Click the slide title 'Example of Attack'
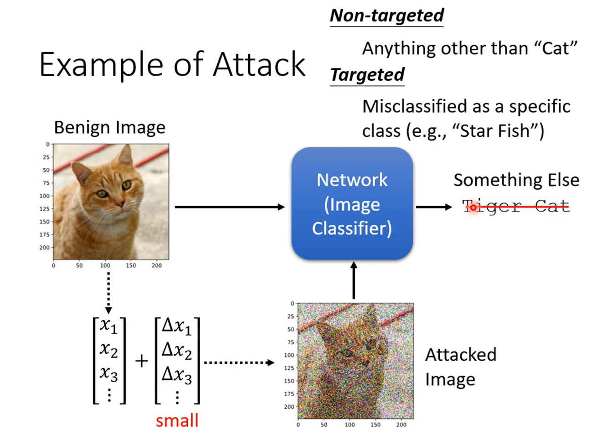pyautogui.click(x=172, y=64)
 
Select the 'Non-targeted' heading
pyautogui.click(x=386, y=16)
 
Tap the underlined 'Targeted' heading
pyautogui.click(x=367, y=75)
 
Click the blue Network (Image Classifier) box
pyautogui.click(x=352, y=204)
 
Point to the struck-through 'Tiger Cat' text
pyautogui.click(x=516, y=207)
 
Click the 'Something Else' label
pyautogui.click(x=516, y=180)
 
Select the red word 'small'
pyautogui.click(x=177, y=420)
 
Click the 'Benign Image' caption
pyautogui.click(x=109, y=127)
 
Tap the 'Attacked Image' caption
pyautogui.click(x=460, y=367)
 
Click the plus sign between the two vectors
pyautogui.click(x=142, y=362)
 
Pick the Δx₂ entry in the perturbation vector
pyautogui.click(x=177, y=351)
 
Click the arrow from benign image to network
pyautogui.click(x=229, y=207)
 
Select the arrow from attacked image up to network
pyautogui.click(x=354, y=280)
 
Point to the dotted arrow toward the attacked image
pyautogui.click(x=238, y=363)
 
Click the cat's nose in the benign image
pyautogui.click(x=119, y=202)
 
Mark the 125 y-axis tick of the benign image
pyautogui.click(x=44, y=209)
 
